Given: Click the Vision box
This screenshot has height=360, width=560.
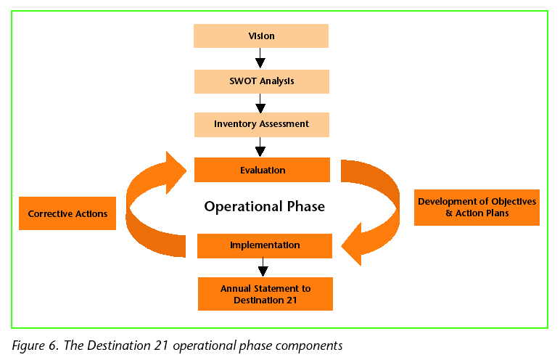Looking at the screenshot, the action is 261,36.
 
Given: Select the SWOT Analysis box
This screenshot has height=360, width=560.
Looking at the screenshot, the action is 262,81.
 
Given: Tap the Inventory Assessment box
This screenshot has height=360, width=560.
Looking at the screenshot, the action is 262,125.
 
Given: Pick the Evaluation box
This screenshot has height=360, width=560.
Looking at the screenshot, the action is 262,170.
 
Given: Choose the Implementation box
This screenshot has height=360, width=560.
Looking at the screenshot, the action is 265,246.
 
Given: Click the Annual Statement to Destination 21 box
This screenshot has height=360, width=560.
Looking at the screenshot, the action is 265,294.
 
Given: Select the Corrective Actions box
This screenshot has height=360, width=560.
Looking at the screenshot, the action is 67,213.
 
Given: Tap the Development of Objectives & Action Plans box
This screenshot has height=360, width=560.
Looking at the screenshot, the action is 477,208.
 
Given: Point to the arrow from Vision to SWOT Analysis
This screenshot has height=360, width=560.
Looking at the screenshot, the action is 260,58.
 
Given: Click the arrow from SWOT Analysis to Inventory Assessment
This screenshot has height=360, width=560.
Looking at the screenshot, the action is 260,103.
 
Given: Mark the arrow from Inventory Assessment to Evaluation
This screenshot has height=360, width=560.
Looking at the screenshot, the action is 260,147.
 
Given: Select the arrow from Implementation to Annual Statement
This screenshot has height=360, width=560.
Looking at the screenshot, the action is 263,267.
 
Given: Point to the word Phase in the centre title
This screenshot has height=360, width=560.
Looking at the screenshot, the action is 306,206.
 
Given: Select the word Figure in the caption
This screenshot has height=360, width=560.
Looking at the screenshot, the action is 29,345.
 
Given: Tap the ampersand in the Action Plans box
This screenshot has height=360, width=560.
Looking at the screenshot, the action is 449,213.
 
